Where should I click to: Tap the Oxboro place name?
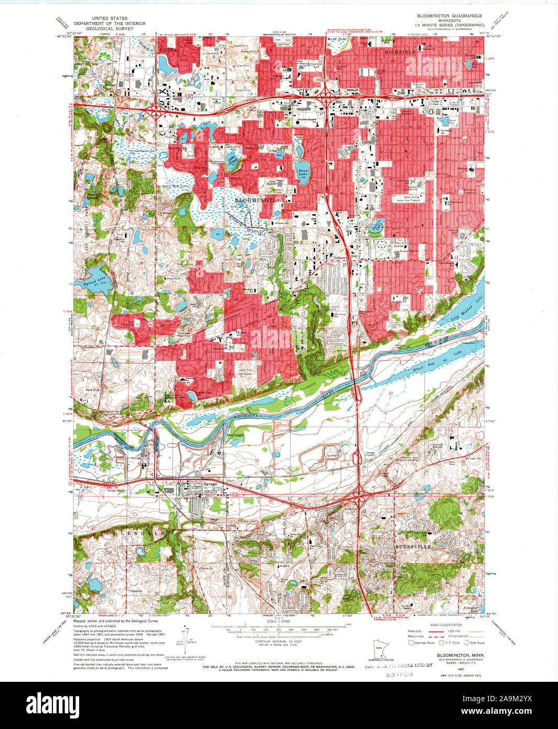[340, 258]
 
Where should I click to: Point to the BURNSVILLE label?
[413, 546]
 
